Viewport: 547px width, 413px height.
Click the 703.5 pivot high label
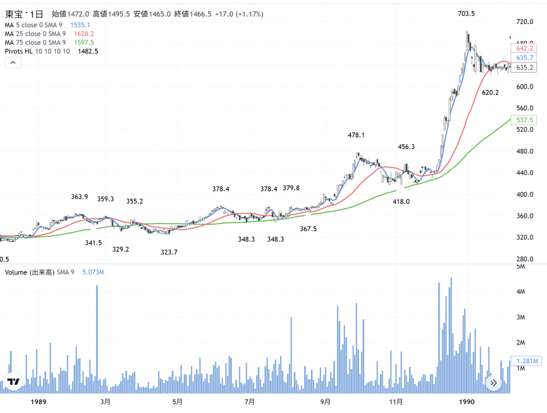coord(466,14)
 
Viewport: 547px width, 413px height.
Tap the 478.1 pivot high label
coord(356,136)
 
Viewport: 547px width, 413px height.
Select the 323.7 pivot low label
coord(169,252)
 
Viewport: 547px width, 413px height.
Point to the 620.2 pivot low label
coord(490,93)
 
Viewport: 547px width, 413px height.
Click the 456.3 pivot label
coord(407,146)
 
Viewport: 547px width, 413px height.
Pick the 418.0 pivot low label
coord(401,202)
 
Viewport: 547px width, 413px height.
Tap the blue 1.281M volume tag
coord(526,361)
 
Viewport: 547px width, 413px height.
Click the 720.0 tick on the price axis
coord(526,22)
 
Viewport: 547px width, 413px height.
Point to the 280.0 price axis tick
coord(526,259)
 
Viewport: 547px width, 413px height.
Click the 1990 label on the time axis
coord(467,402)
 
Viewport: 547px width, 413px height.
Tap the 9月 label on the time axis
coord(325,402)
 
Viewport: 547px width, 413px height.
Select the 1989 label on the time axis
coord(39,402)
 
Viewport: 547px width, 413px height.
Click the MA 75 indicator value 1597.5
coord(83,42)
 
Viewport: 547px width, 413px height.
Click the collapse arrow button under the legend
coord(13,63)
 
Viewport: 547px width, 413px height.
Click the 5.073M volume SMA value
coord(93,272)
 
